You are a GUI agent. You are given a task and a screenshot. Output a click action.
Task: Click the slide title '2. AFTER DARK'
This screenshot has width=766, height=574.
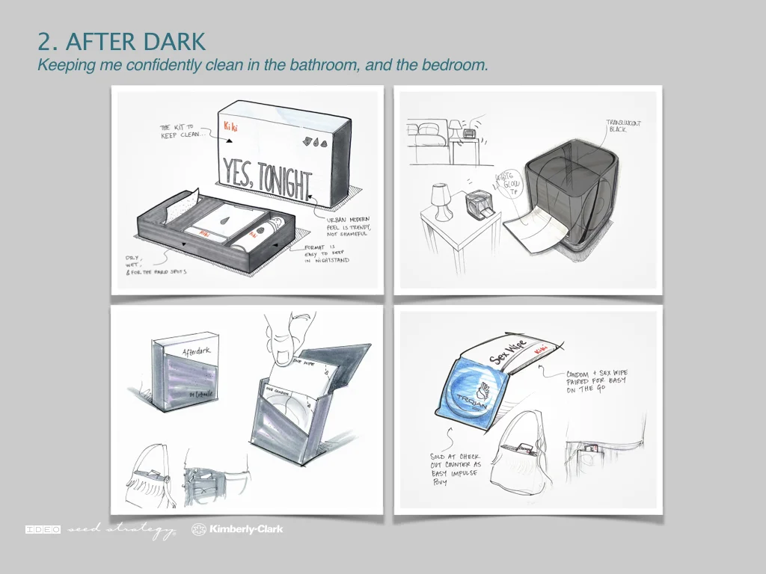point(121,41)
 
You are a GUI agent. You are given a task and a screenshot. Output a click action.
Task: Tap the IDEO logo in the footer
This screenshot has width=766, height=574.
point(43,530)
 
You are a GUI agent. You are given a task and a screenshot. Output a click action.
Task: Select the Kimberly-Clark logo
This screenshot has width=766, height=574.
point(237,530)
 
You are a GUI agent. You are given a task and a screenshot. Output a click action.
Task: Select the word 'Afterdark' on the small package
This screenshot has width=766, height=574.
point(196,351)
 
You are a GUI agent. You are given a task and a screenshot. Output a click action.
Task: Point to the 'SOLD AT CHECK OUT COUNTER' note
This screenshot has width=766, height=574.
point(456,469)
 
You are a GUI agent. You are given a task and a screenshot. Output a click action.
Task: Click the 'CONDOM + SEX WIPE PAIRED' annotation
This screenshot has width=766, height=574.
point(596,381)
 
